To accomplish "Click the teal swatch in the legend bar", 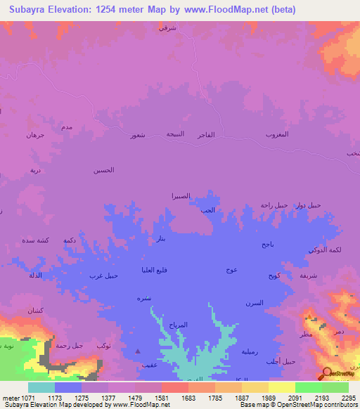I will (x=41, y=387).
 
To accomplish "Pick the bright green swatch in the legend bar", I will (x=308, y=387).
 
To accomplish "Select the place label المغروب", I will (x=277, y=134).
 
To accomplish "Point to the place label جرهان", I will (x=35, y=134).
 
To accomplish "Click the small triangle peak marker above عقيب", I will (x=138, y=351).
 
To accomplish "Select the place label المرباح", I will (x=178, y=325).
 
